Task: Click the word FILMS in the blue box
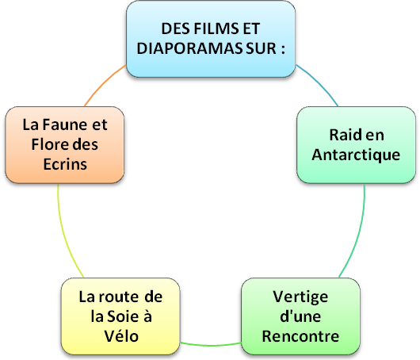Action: [x=216, y=29]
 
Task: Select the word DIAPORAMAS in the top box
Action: [x=190, y=48]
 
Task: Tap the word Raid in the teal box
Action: [x=343, y=135]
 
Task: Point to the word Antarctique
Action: [x=356, y=155]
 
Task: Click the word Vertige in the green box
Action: [x=300, y=297]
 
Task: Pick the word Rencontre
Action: [x=300, y=336]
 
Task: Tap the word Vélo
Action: [x=121, y=336]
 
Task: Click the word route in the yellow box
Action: [x=119, y=297]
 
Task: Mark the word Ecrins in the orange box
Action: [x=65, y=164]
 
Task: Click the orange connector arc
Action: [x=103, y=83]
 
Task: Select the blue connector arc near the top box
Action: [x=319, y=83]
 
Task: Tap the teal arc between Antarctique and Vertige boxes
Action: [x=357, y=233]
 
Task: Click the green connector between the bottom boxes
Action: [x=211, y=345]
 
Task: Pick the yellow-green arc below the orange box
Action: [x=64, y=233]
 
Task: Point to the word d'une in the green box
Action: [x=300, y=316]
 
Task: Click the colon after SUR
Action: [x=283, y=50]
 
